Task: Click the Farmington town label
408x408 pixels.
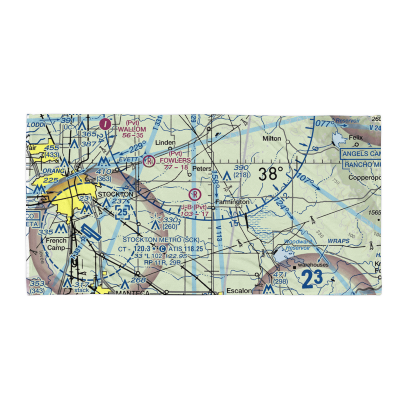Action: (232, 202)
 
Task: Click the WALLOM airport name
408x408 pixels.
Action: (132, 129)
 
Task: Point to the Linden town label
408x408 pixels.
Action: (166, 143)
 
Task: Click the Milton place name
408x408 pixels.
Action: (272, 139)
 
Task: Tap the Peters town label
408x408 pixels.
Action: (202, 169)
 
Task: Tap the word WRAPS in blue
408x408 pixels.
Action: (339, 241)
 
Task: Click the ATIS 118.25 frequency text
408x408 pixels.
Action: (185, 248)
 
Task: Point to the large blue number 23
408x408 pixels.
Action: (312, 279)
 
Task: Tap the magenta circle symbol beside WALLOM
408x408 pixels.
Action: (106, 123)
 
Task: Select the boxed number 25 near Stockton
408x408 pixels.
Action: (123, 212)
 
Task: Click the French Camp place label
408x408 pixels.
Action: (56, 244)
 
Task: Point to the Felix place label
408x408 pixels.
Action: (356, 138)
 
